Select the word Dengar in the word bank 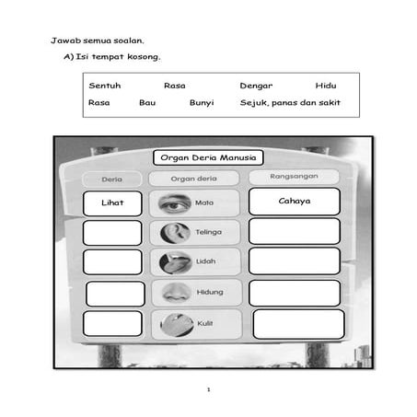click(x=256, y=86)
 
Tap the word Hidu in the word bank click(x=326, y=86)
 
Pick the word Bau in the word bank click(x=147, y=102)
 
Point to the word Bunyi click(x=202, y=102)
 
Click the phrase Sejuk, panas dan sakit click(x=290, y=102)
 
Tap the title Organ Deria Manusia click(x=208, y=158)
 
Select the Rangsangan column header click(x=294, y=176)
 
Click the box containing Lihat click(x=112, y=203)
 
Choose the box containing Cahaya click(x=294, y=202)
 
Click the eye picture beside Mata click(x=174, y=203)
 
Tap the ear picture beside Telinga click(x=174, y=233)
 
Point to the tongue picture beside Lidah click(x=174, y=262)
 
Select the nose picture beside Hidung click(x=174, y=293)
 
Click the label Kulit click(x=205, y=324)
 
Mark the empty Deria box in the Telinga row click(x=112, y=233)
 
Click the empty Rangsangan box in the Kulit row click(x=297, y=324)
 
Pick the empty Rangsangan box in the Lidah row click(x=294, y=261)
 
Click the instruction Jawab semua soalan click(x=98, y=41)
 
